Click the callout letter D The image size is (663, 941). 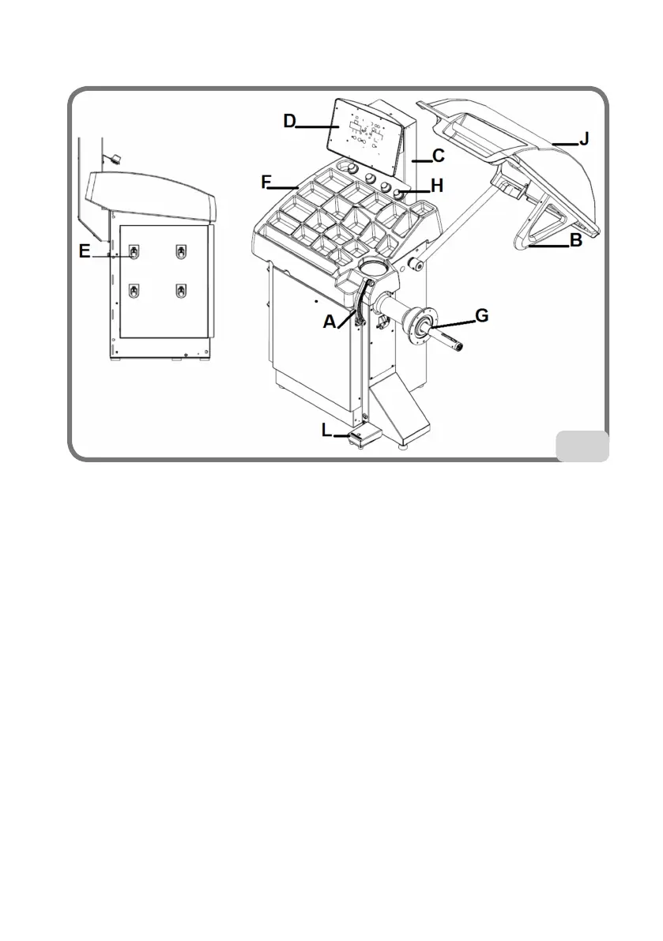(x=290, y=122)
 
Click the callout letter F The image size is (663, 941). (x=267, y=183)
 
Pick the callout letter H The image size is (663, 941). (x=437, y=186)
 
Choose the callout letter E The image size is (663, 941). (x=85, y=251)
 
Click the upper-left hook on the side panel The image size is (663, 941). (x=135, y=253)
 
